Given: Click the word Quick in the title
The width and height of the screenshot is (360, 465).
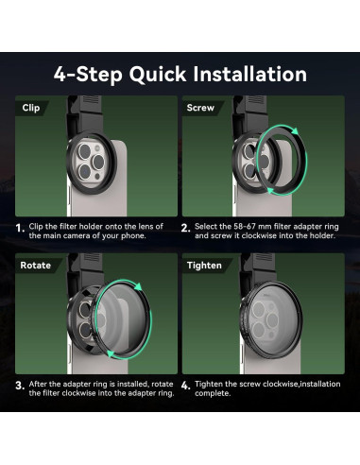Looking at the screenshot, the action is pos(158,76).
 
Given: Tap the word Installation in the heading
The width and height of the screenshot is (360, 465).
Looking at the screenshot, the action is pos(249,74).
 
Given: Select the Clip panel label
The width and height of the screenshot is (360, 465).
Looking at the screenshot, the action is pos(31,108).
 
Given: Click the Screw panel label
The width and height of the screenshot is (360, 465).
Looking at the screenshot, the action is pos(200,108).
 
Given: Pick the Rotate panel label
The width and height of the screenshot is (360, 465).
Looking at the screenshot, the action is pos(35,266).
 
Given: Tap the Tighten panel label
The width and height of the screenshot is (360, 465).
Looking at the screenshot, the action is pos(204,266).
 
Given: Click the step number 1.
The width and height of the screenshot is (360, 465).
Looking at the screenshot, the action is pos(20,228).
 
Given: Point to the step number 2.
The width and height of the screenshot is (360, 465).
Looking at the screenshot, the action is pos(185,228).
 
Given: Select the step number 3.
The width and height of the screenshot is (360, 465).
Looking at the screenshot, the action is pos(20,386).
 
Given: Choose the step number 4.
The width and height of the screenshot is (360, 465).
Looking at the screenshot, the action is pos(185,386).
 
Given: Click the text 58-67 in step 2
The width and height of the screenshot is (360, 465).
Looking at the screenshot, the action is pos(247,227).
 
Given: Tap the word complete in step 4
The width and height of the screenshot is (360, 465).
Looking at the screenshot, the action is pos(212,393).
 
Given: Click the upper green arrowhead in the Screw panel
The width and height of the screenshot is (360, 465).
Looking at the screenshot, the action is pos(295,131).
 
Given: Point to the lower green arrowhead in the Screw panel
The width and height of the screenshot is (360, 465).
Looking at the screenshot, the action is pos(269,190).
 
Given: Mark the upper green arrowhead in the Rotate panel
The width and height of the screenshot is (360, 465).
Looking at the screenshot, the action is pos(138,286).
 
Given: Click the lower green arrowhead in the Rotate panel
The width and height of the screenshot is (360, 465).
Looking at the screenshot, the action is pos(111,354).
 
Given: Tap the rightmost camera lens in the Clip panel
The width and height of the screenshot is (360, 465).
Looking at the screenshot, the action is pos(97,162).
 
